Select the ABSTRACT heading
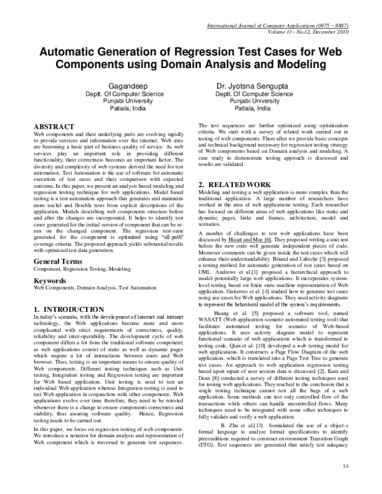[x=54, y=127]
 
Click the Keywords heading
[x=52, y=281]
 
